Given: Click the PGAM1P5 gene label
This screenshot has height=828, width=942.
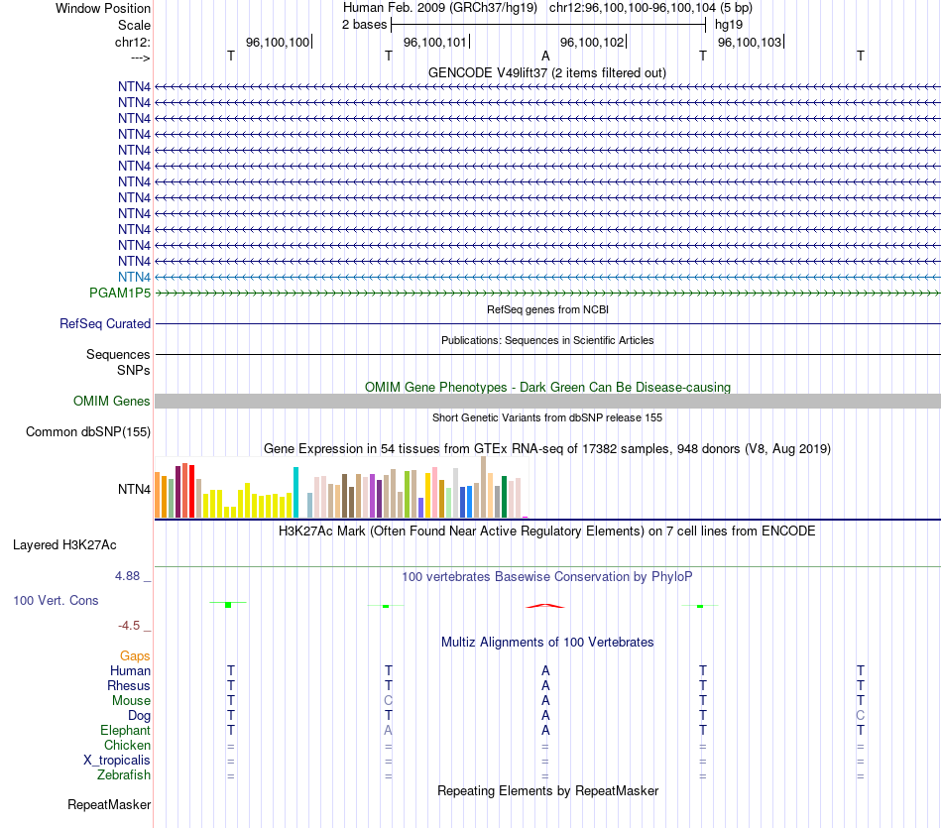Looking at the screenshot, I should pyautogui.click(x=119, y=293).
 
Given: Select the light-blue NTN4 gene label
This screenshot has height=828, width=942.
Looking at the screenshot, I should pyautogui.click(x=134, y=277).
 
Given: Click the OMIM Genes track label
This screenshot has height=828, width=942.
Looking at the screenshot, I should pyautogui.click(x=112, y=402).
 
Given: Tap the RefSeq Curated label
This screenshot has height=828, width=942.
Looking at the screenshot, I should pyautogui.click(x=105, y=324).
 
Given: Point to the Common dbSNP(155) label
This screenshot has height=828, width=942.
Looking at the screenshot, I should pyautogui.click(x=88, y=432).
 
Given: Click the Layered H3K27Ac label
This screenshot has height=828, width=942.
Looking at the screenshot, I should pyautogui.click(x=64, y=544).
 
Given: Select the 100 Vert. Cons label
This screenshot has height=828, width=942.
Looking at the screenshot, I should pyautogui.click(x=56, y=600).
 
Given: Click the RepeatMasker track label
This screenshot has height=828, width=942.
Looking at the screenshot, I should pyautogui.click(x=109, y=804).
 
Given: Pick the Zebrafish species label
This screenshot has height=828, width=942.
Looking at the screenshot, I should pyautogui.click(x=124, y=774).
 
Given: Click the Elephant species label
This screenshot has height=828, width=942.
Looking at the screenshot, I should pyautogui.click(x=124, y=730).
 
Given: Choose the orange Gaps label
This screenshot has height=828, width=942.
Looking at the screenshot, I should pyautogui.click(x=135, y=655).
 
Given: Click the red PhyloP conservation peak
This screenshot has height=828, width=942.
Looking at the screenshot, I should pyautogui.click(x=544, y=605).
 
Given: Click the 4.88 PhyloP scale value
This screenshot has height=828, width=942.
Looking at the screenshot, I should pyautogui.click(x=131, y=575).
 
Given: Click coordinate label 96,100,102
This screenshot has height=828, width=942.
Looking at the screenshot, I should pyautogui.click(x=592, y=42).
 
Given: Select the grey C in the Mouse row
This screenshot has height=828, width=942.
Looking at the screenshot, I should pyautogui.click(x=388, y=700).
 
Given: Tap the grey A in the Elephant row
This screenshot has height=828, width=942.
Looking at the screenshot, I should pyautogui.click(x=388, y=730).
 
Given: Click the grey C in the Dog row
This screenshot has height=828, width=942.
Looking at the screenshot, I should pyautogui.click(x=860, y=715).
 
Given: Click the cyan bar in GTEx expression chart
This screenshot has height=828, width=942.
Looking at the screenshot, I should pyautogui.click(x=295, y=492).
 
